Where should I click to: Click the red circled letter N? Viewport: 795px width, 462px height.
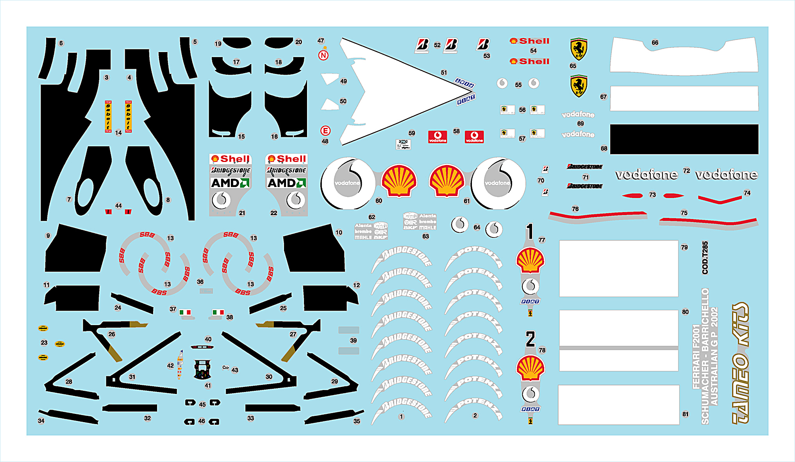pos(323,55)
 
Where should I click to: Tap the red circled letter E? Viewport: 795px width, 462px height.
pos(325,131)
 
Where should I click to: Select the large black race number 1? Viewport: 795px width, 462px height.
pos(530,231)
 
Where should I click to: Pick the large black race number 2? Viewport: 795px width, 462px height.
pos(530,339)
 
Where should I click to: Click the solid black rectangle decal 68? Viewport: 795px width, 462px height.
pos(684,139)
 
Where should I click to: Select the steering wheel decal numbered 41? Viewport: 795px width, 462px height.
pos(202,369)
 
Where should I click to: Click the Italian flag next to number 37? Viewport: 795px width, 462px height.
pos(185,312)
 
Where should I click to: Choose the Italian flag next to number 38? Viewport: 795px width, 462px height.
pos(218,312)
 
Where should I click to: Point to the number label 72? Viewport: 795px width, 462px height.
pos(686,171)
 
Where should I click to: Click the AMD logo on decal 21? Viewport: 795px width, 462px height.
pos(230,183)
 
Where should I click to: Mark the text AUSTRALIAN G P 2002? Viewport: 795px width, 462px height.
pos(714,356)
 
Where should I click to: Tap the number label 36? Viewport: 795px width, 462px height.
pos(200,282)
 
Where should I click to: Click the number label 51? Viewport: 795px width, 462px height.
pos(444,72)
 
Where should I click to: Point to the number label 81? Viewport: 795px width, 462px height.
pos(686,414)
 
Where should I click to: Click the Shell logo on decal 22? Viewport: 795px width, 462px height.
pos(286,159)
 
